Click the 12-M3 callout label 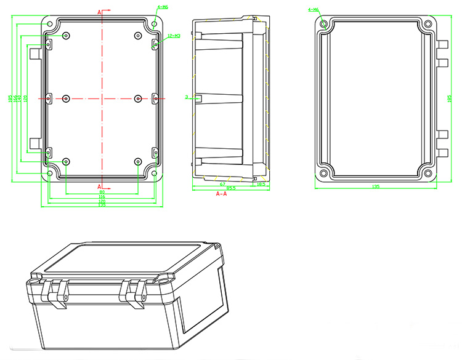[174, 36]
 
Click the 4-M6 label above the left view [163, 7]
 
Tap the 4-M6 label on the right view [313, 10]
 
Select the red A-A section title [222, 194]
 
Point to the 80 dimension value [102, 192]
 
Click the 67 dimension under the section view [222, 184]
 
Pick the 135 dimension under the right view [376, 186]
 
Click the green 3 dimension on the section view [187, 97]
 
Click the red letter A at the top [100, 11]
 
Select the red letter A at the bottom [100, 186]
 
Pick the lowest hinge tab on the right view [442, 152]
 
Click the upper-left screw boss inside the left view [67, 34]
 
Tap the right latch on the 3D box [136, 292]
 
